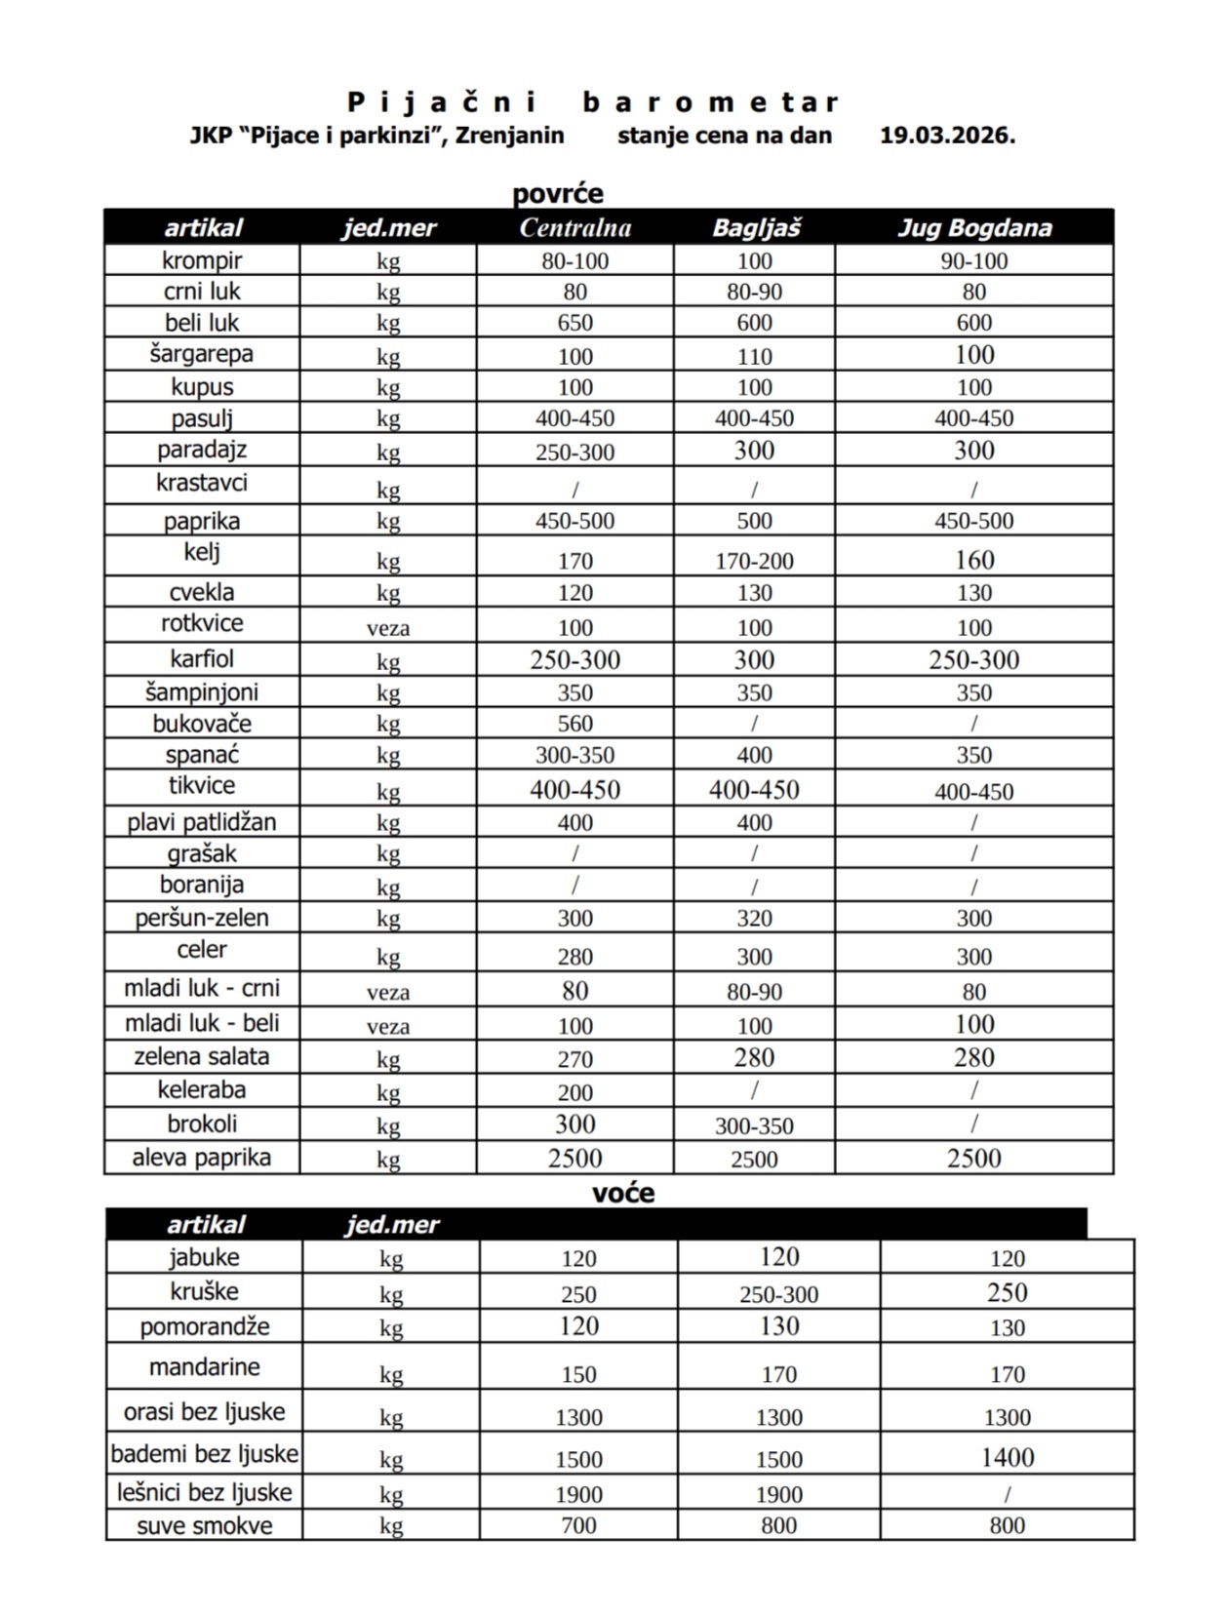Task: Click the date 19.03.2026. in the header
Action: click(x=947, y=136)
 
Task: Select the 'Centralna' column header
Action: click(x=574, y=228)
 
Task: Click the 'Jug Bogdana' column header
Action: click(x=973, y=228)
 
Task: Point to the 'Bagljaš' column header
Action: click(x=755, y=228)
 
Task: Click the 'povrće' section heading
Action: click(x=558, y=193)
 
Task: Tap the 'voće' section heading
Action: click(x=622, y=1193)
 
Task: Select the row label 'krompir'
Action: click(x=202, y=260)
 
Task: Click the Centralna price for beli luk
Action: click(x=574, y=323)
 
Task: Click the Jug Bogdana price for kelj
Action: click(x=973, y=560)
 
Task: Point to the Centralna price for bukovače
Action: click(x=574, y=724)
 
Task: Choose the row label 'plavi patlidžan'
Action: click(x=202, y=822)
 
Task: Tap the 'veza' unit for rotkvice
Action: click(x=388, y=628)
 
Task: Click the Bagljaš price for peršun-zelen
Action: click(x=754, y=919)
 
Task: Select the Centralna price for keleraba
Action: click(x=574, y=1092)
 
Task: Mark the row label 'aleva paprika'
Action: click(x=202, y=1158)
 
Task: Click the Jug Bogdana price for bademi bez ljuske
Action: click(x=1007, y=1457)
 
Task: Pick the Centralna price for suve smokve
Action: click(x=578, y=1525)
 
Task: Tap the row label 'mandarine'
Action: click(x=205, y=1367)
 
